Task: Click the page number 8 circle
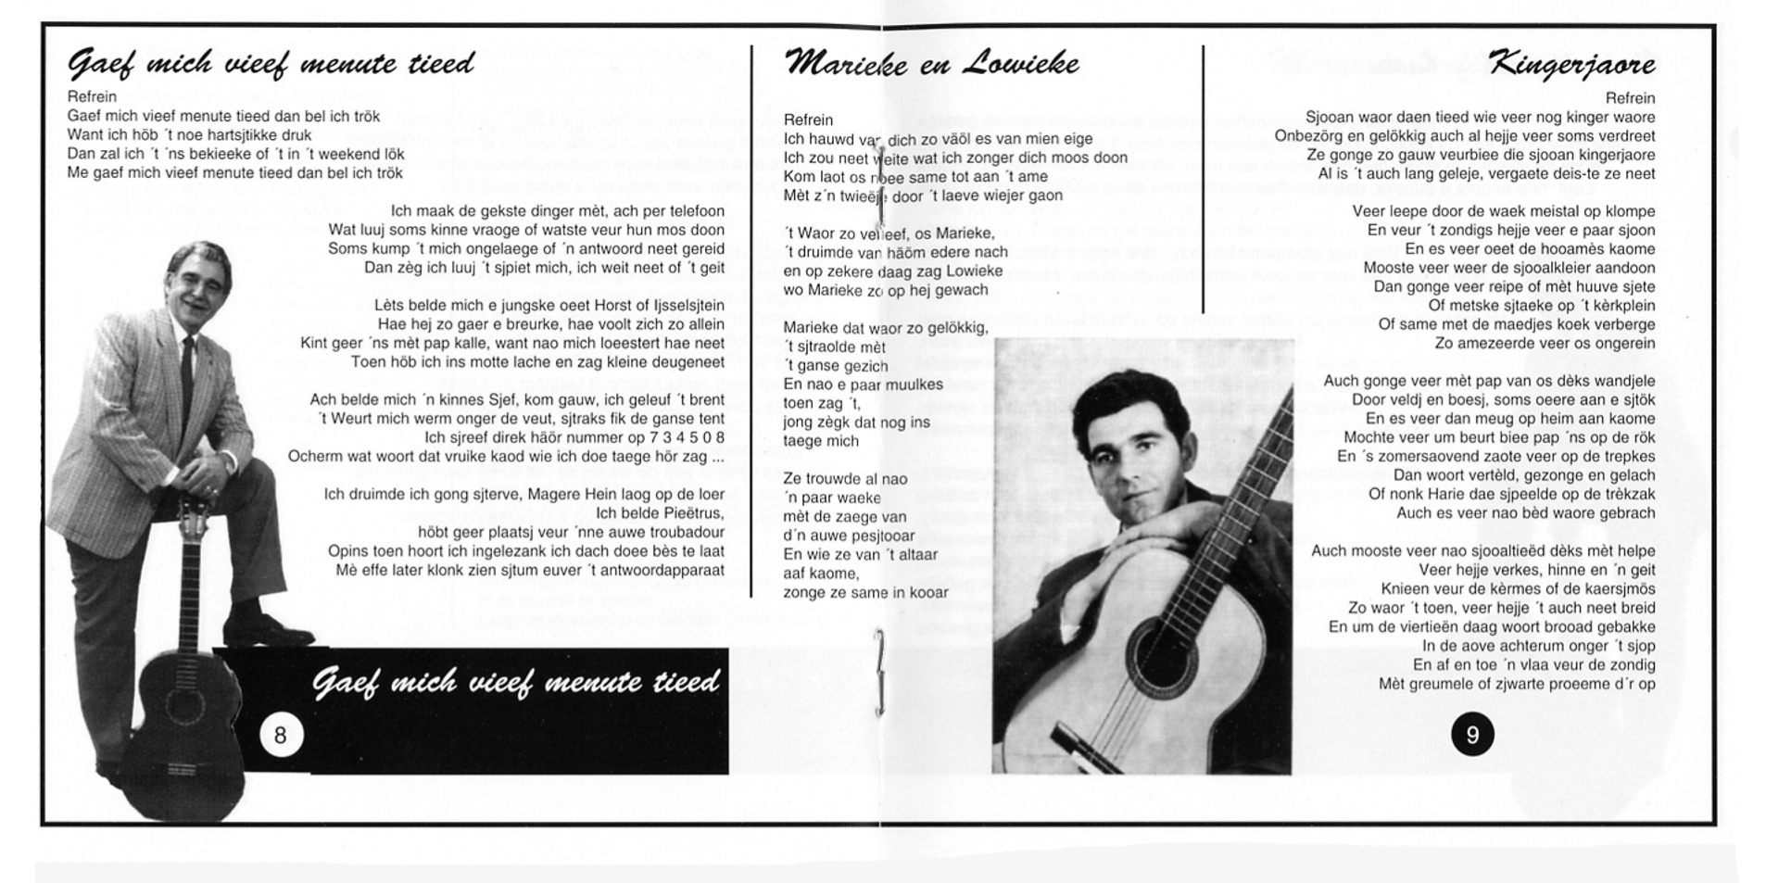coord(280,736)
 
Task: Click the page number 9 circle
coord(1472,736)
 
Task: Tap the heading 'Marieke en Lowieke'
coord(931,63)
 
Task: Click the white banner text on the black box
coord(516,683)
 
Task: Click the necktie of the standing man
coord(188,367)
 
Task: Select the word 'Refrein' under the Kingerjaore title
coord(1630,98)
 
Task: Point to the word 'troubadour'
coord(686,532)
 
